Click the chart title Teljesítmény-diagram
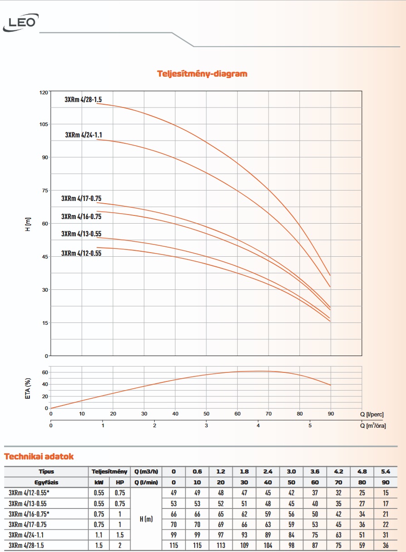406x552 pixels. [x=202, y=73]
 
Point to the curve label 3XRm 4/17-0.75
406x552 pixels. [x=81, y=198]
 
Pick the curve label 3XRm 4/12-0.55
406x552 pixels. [x=81, y=253]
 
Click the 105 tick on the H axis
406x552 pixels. [x=43, y=124]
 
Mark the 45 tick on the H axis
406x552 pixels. [x=44, y=257]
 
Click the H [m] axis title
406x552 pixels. [x=28, y=224]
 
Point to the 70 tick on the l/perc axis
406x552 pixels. [x=269, y=414]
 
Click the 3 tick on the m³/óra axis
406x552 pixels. [x=206, y=425]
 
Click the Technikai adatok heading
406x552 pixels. [x=39, y=457]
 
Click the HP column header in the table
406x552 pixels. [x=120, y=483]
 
